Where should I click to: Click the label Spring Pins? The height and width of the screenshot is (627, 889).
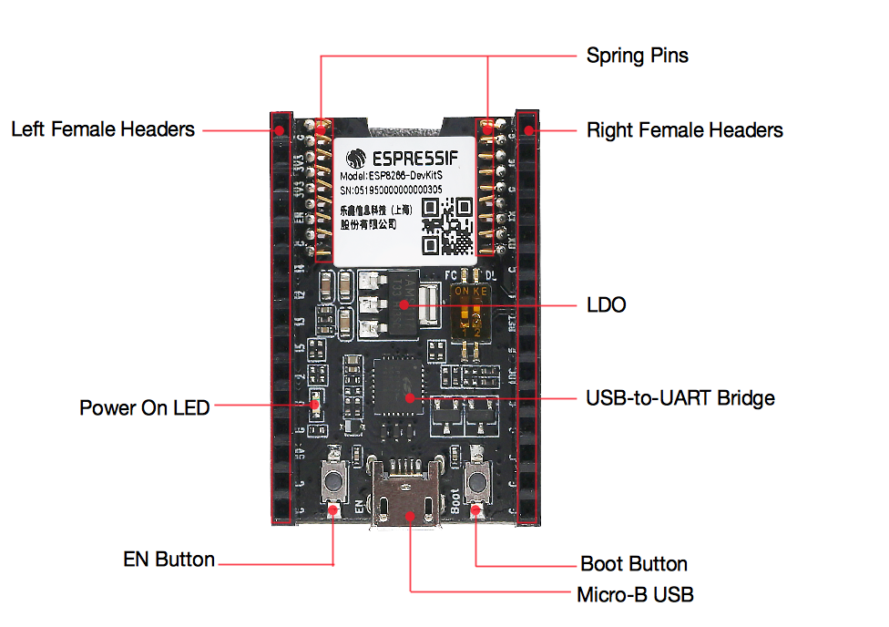point(637,56)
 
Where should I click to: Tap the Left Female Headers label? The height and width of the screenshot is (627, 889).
point(103,129)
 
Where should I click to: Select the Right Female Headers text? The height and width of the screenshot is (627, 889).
point(684,130)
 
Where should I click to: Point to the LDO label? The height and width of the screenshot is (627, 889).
point(606,304)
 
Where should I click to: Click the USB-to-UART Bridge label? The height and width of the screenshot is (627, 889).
point(680,398)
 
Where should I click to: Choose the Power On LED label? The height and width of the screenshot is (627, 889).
point(144,407)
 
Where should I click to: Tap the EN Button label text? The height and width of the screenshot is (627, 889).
point(169,559)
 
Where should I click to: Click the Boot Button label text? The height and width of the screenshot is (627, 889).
point(633,563)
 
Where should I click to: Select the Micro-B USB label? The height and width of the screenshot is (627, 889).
point(635,595)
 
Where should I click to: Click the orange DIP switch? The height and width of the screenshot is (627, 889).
point(472,311)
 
